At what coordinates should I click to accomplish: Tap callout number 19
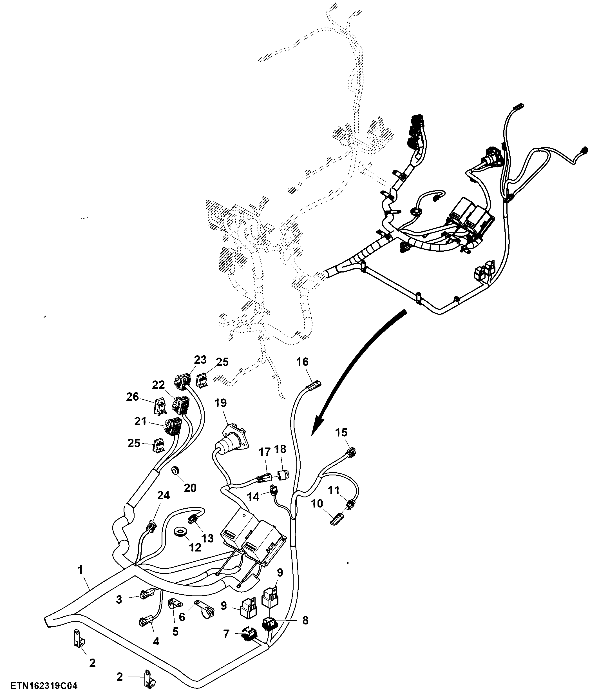click(x=221, y=403)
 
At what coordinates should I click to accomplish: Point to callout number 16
click(x=302, y=362)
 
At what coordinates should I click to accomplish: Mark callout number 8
click(x=305, y=620)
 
